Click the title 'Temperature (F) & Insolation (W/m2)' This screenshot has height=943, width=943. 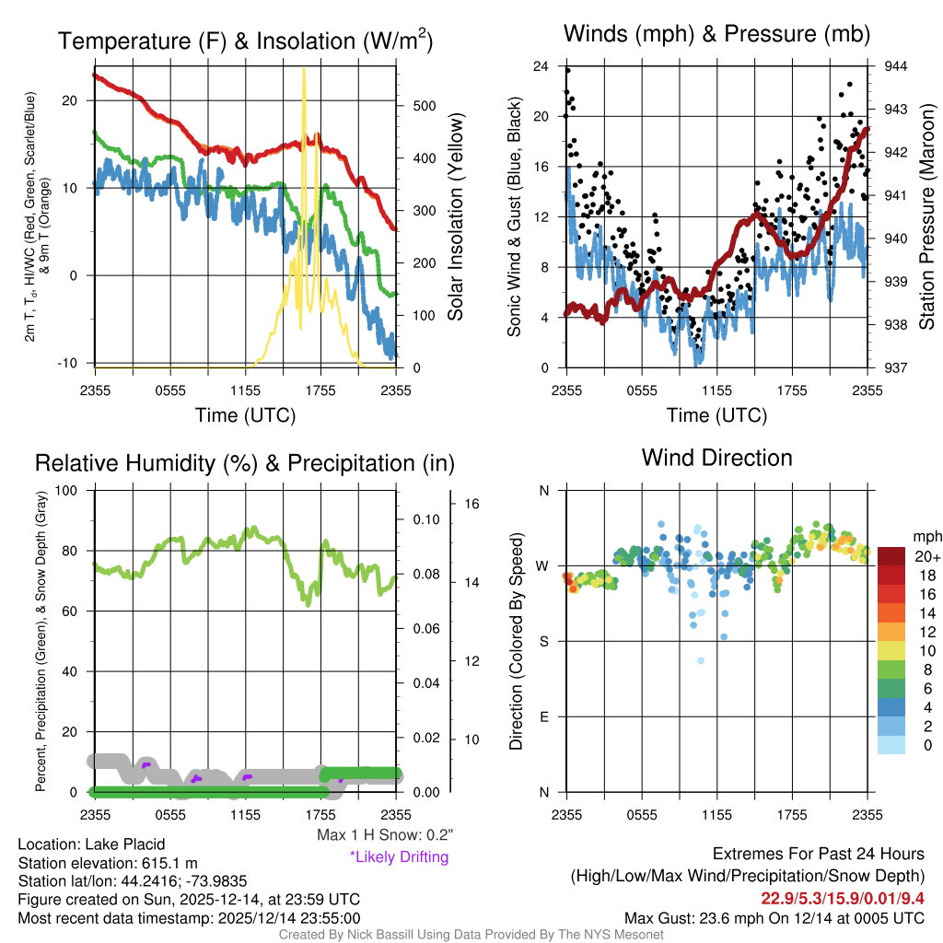245,41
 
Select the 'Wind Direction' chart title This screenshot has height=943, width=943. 716,458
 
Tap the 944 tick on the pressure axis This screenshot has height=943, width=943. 895,66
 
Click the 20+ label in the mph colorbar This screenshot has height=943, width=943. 926,557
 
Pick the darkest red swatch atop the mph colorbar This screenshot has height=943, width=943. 892,556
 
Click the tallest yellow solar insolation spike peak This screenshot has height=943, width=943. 304,69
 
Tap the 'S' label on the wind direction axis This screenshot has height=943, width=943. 543,642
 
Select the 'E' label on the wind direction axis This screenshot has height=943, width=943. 543,717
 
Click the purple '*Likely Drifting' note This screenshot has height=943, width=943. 399,856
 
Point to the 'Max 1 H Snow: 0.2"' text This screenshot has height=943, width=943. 384,835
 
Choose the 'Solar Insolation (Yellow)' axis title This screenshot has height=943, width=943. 456,217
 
